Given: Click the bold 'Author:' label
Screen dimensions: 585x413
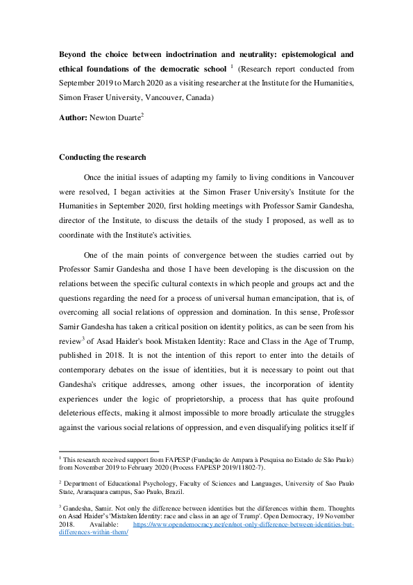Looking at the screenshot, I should tap(74, 119).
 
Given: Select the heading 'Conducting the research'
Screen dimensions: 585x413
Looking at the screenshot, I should tap(103, 157).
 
